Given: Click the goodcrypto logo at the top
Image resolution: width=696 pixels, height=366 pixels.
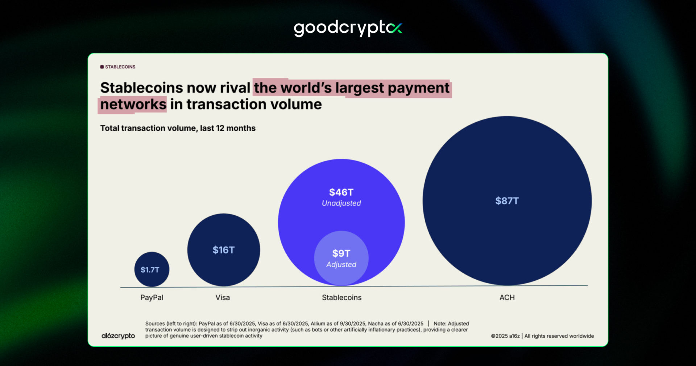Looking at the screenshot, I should [348, 28].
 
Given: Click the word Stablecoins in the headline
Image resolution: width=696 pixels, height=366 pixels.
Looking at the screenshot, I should [141, 88].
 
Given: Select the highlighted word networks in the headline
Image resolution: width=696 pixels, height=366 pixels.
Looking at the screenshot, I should [133, 105].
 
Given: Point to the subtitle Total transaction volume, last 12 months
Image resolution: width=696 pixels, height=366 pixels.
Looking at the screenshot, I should [178, 128].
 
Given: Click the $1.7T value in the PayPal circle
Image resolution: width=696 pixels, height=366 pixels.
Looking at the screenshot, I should [150, 270].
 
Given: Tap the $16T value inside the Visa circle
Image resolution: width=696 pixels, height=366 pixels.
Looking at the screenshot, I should [223, 250].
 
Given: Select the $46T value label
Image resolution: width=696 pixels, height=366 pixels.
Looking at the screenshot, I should [341, 192].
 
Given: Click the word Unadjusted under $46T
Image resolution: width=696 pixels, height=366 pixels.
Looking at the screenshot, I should [341, 203].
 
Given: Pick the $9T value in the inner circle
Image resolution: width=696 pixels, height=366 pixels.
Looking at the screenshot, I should [341, 253].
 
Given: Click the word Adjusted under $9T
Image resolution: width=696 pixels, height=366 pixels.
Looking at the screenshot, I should [341, 265].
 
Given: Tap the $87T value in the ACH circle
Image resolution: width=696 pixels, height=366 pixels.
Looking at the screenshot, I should [507, 201].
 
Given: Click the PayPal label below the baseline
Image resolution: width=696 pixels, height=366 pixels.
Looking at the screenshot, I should [152, 297].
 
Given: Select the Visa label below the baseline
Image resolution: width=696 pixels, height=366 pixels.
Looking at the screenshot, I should [223, 297].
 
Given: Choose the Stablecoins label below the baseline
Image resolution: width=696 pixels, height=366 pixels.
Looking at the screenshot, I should [341, 297].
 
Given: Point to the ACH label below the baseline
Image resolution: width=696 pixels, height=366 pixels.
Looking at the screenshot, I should [507, 297].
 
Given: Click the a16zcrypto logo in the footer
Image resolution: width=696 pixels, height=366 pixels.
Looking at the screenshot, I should [118, 336].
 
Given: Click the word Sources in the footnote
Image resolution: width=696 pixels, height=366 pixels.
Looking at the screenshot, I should [155, 324].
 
